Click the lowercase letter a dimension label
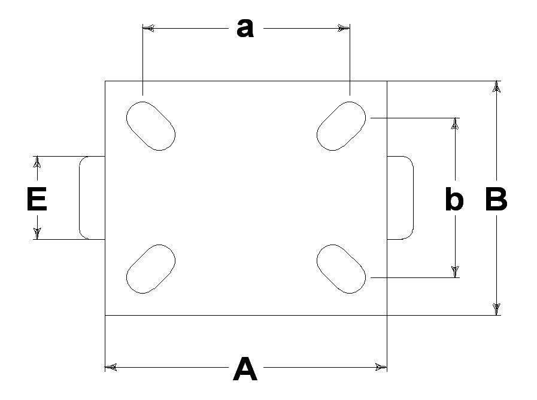coord(245,28)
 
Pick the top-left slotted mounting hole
coord(151,126)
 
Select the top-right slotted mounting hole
coord(341,126)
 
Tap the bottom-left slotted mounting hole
coord(151,269)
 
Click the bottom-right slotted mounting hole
coord(341,269)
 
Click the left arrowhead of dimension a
coord(148,28)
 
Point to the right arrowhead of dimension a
coord(344,28)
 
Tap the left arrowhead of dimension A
coord(110,368)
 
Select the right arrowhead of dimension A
coord(381,368)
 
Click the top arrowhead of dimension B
coord(496,87)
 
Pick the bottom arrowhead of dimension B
coord(496,309)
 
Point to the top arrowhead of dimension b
coord(455,124)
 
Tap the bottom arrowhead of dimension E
coord(37,233)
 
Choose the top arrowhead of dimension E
coord(37,162)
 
